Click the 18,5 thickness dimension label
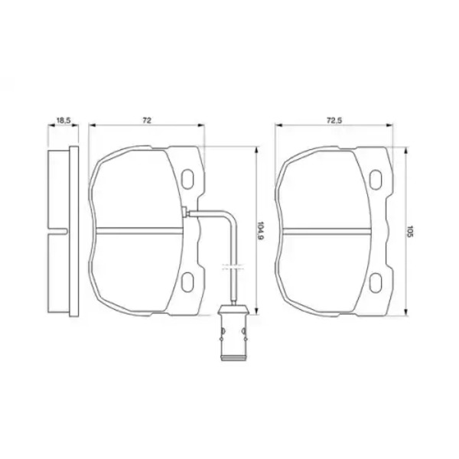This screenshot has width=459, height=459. pyautogui.click(x=63, y=120)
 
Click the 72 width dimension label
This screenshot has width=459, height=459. pyautogui.click(x=147, y=120)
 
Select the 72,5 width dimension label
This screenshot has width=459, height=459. pyautogui.click(x=334, y=120)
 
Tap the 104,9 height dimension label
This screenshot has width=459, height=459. pyautogui.click(x=260, y=231)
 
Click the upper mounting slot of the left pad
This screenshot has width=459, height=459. pyautogui.click(x=187, y=178)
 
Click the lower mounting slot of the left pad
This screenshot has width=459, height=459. pyautogui.click(x=187, y=282)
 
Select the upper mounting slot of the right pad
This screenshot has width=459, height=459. pyautogui.click(x=376, y=179)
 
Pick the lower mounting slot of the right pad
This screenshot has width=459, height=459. pyautogui.click(x=376, y=282)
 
